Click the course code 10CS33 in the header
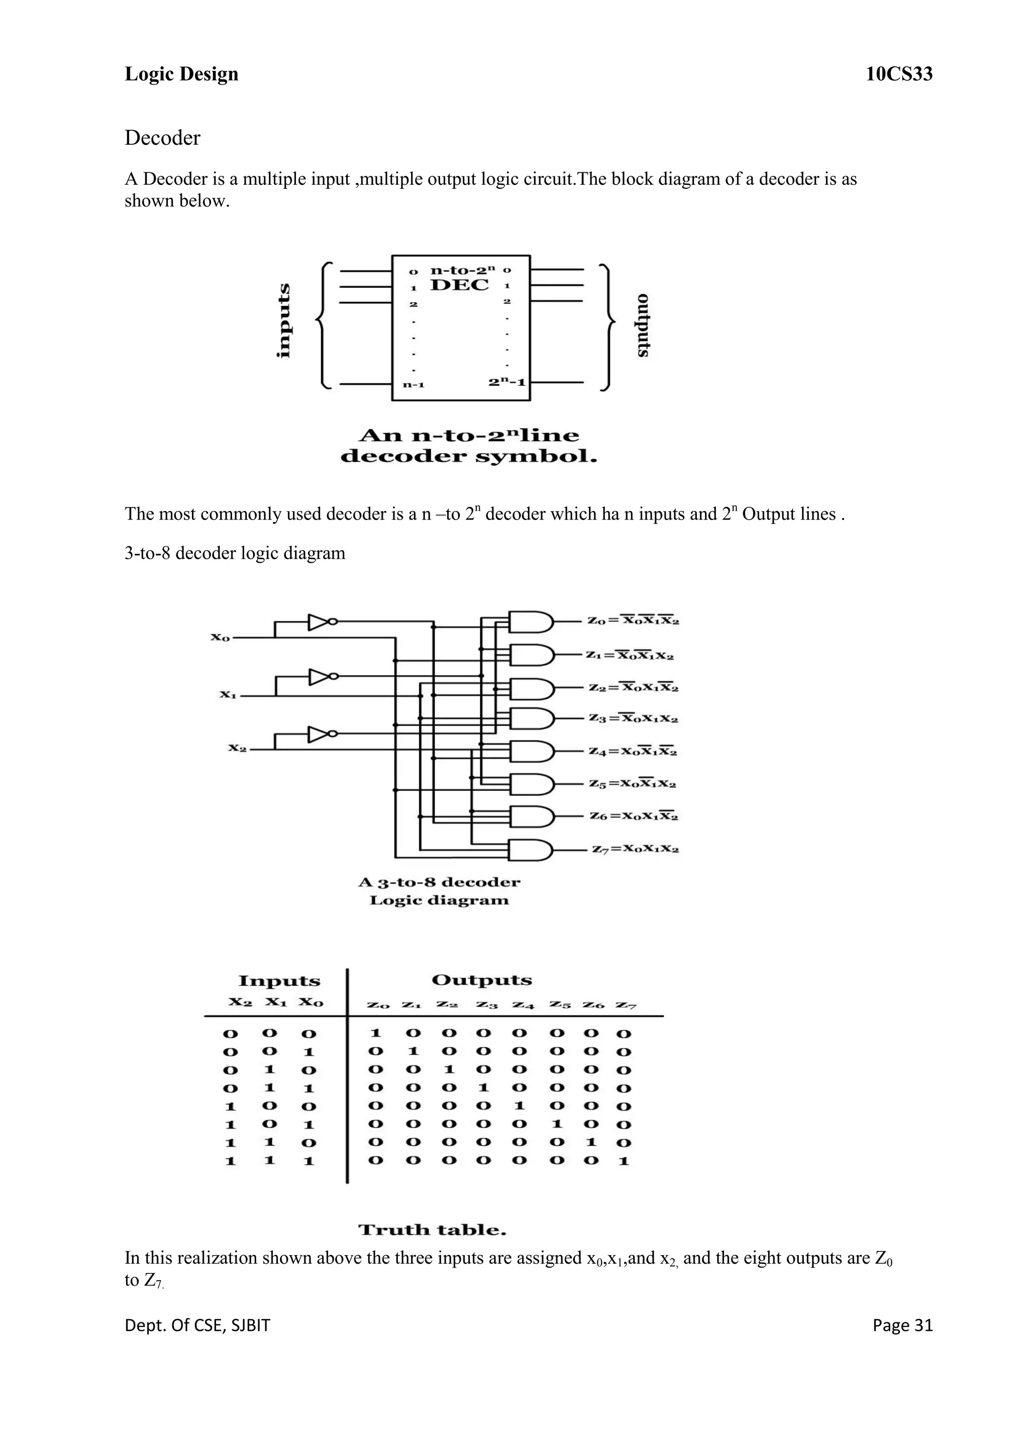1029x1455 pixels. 898,74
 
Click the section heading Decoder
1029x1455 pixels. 162,138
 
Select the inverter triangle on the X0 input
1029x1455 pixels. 318,621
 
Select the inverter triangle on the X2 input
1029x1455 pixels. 318,734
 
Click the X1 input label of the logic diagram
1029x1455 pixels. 228,694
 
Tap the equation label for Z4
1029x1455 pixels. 633,752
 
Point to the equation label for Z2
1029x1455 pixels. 633,687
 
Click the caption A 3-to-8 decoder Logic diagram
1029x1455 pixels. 439,891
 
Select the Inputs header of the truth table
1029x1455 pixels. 279,981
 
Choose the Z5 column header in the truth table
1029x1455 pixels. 559,1004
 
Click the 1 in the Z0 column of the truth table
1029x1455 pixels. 375,1033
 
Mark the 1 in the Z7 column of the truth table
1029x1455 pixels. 624,1161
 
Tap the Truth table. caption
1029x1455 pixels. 432,1230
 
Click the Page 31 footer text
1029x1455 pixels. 902,1325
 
